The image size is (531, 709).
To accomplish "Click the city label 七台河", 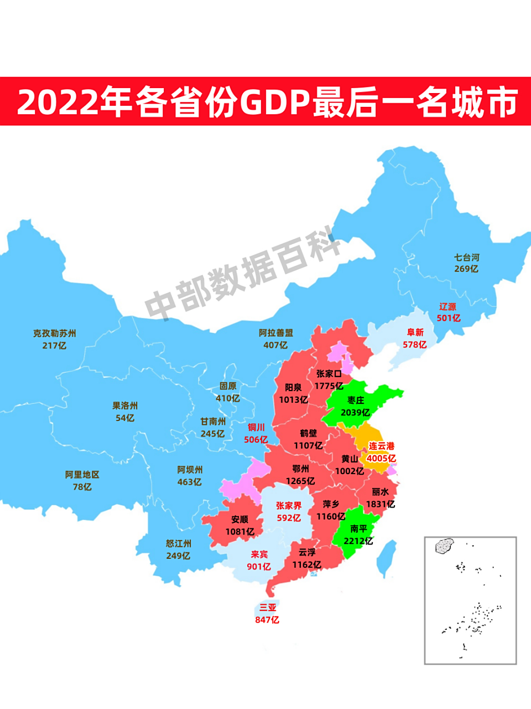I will pos(466,258).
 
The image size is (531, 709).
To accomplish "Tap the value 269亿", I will pos(466,269).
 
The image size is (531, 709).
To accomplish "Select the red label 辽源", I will pos(447,306).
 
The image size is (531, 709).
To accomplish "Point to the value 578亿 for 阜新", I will pos(414,345).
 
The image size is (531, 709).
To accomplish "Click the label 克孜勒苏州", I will pos(54,333).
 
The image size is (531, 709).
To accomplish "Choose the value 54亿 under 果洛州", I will pos(125,418).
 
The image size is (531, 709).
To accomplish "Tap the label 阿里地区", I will pos(82,475).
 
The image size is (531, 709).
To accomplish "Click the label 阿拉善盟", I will pos(275,333).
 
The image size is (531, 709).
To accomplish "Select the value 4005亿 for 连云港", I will pos(381,458).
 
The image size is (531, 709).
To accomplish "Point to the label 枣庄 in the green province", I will pos(356,400).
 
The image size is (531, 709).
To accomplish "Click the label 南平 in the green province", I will pos(358,528).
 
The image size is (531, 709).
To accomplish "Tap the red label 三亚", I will pos(267,608).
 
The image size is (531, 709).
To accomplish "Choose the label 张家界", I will pos(289,505).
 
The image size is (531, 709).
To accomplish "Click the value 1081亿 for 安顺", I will pos(240,532).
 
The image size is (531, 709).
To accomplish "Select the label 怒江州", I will pos(178,543).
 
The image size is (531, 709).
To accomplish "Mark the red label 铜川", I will pos(256,427).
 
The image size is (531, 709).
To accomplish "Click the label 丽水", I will pos(380,491).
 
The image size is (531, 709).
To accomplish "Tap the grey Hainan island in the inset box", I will pos(444,546).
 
